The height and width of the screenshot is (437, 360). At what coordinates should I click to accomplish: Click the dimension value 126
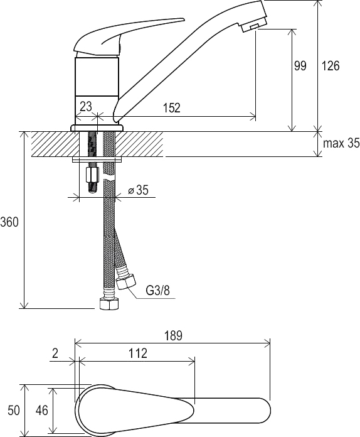331,66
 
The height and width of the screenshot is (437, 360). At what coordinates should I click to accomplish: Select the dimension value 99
300,66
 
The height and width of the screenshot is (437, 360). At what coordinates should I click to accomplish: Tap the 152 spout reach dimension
172,107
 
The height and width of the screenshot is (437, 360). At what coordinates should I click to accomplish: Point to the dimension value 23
86,106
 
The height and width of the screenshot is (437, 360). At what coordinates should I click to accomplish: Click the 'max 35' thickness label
341,143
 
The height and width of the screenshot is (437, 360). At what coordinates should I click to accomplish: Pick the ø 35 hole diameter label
138,190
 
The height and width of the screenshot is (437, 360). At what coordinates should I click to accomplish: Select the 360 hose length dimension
9,222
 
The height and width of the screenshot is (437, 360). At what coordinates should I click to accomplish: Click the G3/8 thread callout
158,291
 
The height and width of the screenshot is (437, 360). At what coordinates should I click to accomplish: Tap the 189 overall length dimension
173,335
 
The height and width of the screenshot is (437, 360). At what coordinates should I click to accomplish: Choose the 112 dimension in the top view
138,353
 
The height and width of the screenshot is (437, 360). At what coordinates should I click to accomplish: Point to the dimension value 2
55,353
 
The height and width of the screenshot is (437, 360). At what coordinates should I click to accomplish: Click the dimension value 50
14,410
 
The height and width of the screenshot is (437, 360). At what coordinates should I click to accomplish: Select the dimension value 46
42,410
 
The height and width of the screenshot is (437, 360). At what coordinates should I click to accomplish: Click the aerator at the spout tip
254,26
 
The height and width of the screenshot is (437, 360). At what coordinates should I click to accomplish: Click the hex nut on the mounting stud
92,175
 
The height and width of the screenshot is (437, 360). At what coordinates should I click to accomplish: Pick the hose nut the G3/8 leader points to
126,281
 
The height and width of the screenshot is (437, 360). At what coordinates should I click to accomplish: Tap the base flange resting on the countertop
97,128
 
